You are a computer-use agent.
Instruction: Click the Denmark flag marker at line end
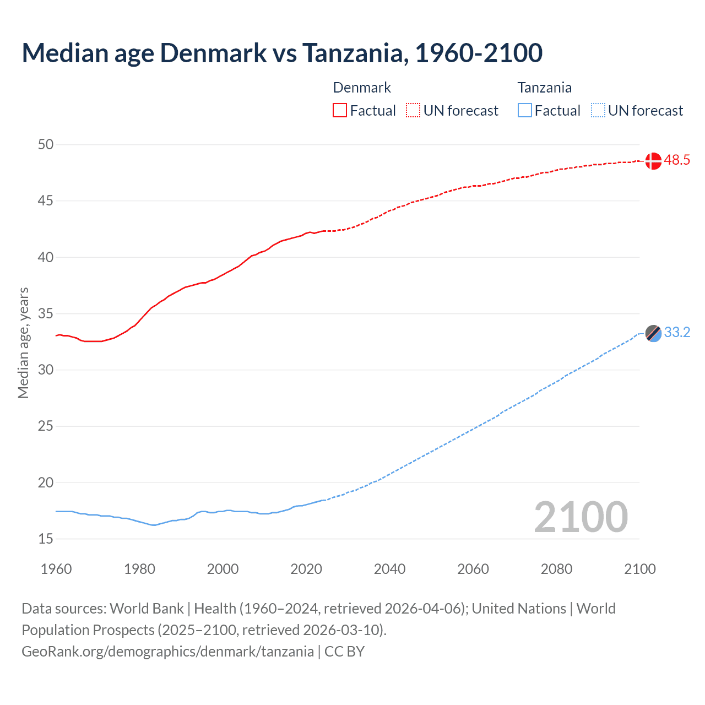tap(653, 161)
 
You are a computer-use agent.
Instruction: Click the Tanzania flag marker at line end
tap(653, 333)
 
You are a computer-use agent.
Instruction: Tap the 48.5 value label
tap(677, 160)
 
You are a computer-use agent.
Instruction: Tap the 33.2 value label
tap(677, 333)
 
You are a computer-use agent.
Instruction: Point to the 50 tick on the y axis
tap(46, 145)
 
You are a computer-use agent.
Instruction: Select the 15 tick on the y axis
tap(46, 539)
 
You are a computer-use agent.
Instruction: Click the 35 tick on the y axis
tap(46, 314)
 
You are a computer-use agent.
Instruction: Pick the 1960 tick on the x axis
tap(56, 569)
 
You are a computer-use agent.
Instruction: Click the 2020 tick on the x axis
tap(306, 569)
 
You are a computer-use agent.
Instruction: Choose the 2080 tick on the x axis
tap(556, 569)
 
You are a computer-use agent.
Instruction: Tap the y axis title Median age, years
tap(23, 343)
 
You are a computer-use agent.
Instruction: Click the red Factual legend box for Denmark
tap(340, 110)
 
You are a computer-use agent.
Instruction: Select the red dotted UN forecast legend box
tap(413, 110)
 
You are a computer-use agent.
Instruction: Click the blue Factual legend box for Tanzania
tap(525, 110)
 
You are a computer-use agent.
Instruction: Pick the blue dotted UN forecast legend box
tap(598, 110)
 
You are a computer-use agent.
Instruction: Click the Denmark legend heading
tap(362, 88)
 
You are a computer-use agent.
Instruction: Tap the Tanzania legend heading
tap(544, 88)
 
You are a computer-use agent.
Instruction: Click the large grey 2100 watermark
tap(581, 517)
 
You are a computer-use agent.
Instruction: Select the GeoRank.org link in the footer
tap(167, 652)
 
